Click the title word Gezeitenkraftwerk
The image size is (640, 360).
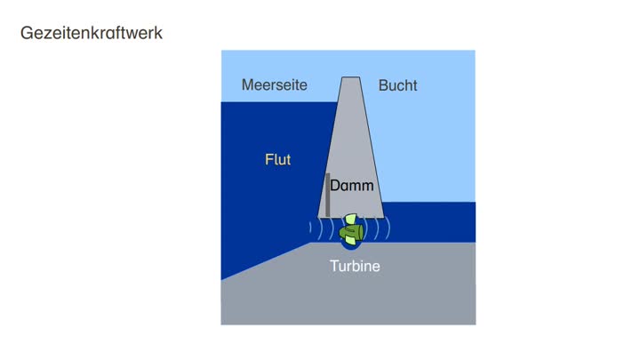coord(91,35)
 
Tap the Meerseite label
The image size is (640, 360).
coord(275,85)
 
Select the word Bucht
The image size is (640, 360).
coord(397,85)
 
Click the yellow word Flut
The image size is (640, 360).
coord(278,160)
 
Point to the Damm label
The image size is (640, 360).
coord(352,186)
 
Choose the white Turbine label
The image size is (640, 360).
coord(355,266)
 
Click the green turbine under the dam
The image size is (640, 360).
coord(351,231)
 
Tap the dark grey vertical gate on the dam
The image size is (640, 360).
coord(327,194)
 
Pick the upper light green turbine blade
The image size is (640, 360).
coord(351,220)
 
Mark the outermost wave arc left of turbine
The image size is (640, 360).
coord(311,229)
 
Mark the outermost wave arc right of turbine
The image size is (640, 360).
coord(388,229)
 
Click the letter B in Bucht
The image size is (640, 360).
coord(383,85)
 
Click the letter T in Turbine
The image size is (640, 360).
coord(334,266)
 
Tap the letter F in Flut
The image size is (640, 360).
coord(268,160)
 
